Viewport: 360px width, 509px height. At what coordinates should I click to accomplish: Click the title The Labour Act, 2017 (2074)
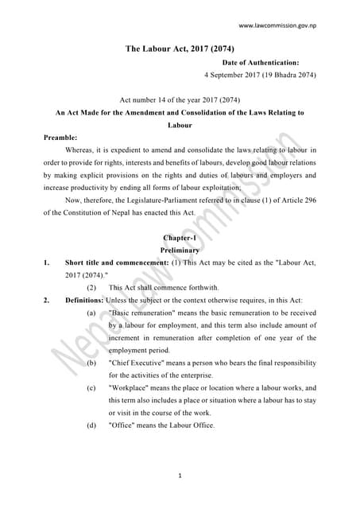point(180,49)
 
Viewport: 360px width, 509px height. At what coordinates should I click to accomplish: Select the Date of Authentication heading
point(261,62)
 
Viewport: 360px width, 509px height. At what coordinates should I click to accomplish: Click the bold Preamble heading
point(60,137)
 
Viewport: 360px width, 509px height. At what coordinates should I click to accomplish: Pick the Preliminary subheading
point(180,250)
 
